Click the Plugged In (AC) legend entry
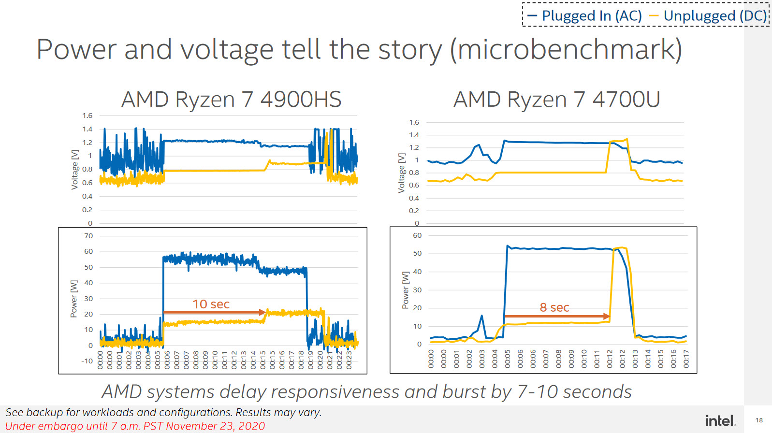pyautogui.click(x=585, y=16)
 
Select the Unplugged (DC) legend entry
pyautogui.click(x=709, y=16)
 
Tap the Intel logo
pyautogui.click(x=720, y=420)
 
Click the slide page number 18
pyautogui.click(x=759, y=420)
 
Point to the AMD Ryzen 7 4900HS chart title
pyautogui.click(x=231, y=100)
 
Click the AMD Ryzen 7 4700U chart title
pyautogui.click(x=556, y=100)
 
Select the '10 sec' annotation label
pyautogui.click(x=211, y=304)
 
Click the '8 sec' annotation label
pyautogui.click(x=554, y=307)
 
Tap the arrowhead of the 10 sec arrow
pyautogui.click(x=263, y=312)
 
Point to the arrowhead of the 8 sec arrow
pyautogui.click(x=607, y=316)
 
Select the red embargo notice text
pyautogui.click(x=135, y=426)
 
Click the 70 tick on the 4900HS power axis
pyautogui.click(x=88, y=236)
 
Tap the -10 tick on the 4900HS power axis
pyautogui.click(x=87, y=361)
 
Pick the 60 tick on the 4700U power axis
pyautogui.click(x=417, y=235)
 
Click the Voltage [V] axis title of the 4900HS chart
pyautogui.click(x=74, y=169)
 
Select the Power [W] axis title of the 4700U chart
pyautogui.click(x=406, y=290)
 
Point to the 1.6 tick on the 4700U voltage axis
pyautogui.click(x=414, y=122)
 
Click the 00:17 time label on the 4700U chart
pyautogui.click(x=686, y=359)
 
